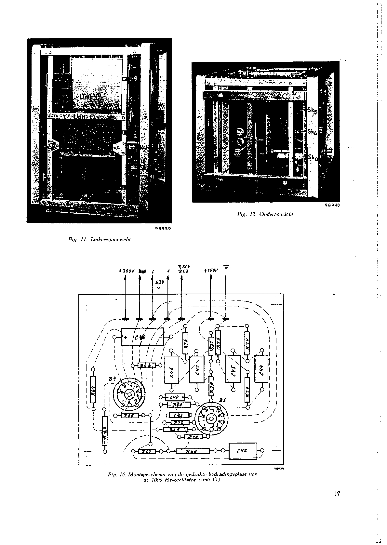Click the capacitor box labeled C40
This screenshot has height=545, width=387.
coord(142,337)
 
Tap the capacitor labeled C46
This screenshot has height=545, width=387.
coord(172,370)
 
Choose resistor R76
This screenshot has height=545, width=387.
coord(185,343)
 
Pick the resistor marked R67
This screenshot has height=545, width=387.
coord(147,451)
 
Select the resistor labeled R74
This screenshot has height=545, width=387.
coord(247,343)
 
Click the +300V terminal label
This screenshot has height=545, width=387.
coord(127,271)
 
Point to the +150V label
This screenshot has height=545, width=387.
coord(211,271)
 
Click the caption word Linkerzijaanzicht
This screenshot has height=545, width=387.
coord(111,240)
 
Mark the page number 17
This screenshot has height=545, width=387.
coord(337,494)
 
